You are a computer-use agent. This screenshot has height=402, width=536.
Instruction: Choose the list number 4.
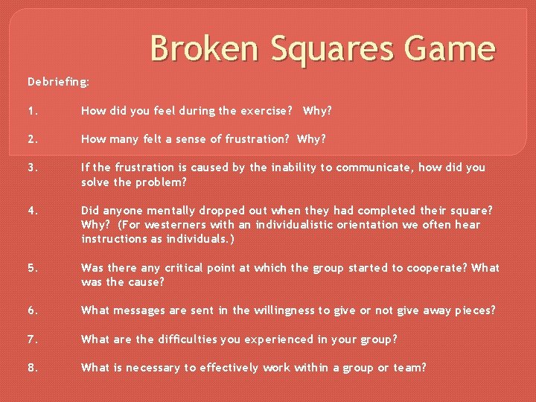pyautogui.click(x=33, y=211)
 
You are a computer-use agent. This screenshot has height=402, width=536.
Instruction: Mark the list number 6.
pyautogui.click(x=33, y=310)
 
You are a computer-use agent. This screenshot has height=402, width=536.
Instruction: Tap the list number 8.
pyautogui.click(x=33, y=368)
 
